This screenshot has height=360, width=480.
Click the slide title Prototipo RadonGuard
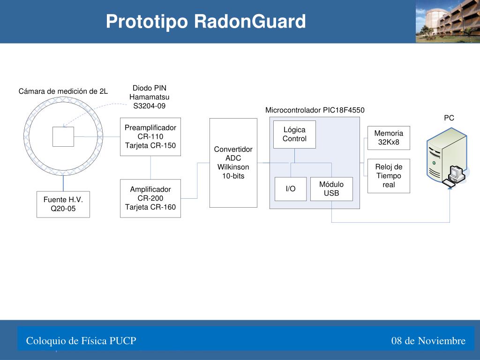[205, 22]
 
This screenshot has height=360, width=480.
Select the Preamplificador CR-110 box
[150, 136]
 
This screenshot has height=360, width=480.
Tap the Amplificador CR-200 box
[150, 198]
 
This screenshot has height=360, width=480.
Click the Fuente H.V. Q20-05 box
[63, 204]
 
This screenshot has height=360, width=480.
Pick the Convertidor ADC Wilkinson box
[233, 163]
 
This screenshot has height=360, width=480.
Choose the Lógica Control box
[294, 135]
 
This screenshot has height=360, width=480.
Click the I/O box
[291, 189]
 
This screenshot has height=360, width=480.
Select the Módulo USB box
[331, 189]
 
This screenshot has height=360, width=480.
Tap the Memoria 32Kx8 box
[389, 138]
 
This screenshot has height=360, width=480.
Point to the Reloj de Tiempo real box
[389, 176]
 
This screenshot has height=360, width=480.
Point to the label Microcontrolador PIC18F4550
[315, 110]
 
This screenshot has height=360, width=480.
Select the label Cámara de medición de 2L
[63, 91]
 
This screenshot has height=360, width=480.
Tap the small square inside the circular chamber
[63, 136]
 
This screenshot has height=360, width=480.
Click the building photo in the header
[448, 22]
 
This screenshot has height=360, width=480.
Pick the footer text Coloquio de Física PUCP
[81, 341]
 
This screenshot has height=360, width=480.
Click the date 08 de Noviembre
[428, 341]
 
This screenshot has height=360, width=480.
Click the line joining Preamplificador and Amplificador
[150, 168]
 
